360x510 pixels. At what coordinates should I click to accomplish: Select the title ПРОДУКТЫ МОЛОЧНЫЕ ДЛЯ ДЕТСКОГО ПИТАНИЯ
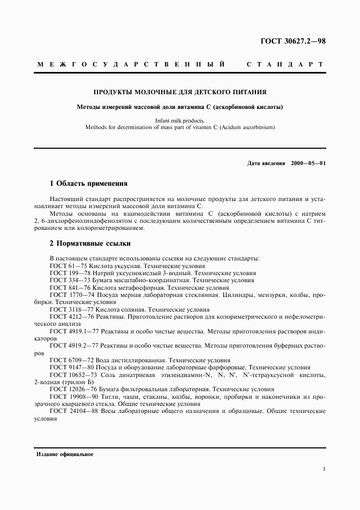click(x=180, y=92)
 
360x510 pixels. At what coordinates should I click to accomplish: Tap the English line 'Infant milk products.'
click(x=180, y=120)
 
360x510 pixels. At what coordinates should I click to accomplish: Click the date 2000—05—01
click(x=308, y=163)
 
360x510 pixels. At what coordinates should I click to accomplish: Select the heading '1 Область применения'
click(x=88, y=184)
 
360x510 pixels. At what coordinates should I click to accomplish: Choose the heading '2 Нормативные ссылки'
click(x=90, y=244)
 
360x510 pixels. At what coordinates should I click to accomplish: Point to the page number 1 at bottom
click(x=324, y=469)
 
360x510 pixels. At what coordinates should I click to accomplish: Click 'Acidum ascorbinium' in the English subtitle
click(x=248, y=127)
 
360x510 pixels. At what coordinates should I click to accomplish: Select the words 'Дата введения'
click(x=266, y=163)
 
